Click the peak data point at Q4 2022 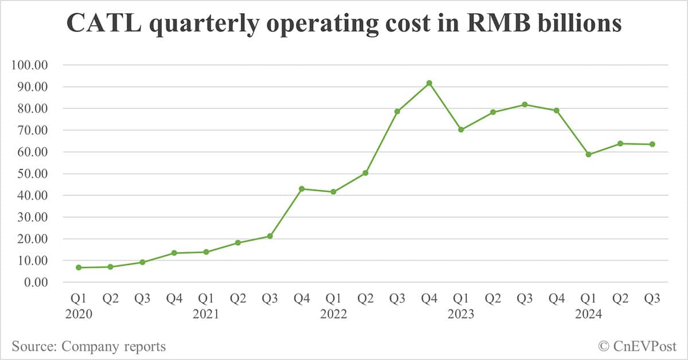tap(429, 83)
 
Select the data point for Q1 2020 tap(79, 268)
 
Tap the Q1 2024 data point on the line tap(588, 154)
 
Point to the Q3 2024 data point tap(652, 144)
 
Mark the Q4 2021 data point tap(302, 189)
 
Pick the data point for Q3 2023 tap(525, 104)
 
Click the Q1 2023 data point tap(461, 130)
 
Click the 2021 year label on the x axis tap(206, 314)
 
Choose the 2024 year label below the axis tap(588, 314)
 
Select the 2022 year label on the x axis tap(334, 314)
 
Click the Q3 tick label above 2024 tap(652, 299)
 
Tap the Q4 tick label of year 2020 tap(174, 299)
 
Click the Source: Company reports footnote tap(88, 346)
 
